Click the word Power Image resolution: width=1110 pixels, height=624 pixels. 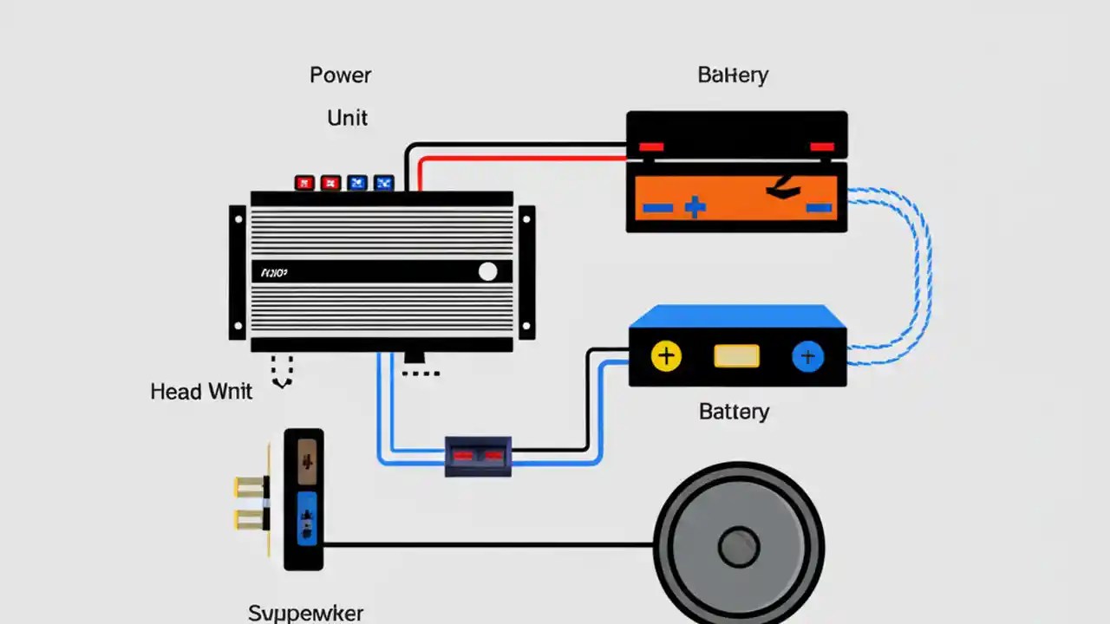tap(340, 75)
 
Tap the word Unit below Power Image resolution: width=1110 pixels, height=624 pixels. tap(347, 118)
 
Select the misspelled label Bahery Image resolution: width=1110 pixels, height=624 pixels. tap(733, 75)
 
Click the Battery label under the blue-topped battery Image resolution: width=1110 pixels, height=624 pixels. tap(734, 411)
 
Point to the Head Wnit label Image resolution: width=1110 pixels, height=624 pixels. tap(201, 392)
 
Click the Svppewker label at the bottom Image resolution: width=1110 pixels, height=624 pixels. tap(305, 613)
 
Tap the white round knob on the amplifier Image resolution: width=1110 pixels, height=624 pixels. tap(488, 272)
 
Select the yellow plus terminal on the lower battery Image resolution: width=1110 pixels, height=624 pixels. tap(666, 355)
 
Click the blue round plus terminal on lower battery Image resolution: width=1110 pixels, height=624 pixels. tap(807, 355)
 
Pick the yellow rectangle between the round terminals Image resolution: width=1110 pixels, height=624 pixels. tap(736, 355)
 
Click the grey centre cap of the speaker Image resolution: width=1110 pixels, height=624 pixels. tap(739, 548)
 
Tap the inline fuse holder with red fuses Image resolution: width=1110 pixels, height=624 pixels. tap(478, 455)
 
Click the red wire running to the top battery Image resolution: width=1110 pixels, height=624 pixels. tap(520, 159)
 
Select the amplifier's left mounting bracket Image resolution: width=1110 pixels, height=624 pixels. tap(238, 272)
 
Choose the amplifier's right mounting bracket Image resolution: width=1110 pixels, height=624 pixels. tap(526, 272)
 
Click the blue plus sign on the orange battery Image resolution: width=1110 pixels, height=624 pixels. tap(695, 207)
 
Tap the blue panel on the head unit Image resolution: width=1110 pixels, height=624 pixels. tap(307, 518)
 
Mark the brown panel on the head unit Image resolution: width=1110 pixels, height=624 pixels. tap(307, 460)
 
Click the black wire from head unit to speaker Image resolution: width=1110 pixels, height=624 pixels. tap(486, 544)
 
